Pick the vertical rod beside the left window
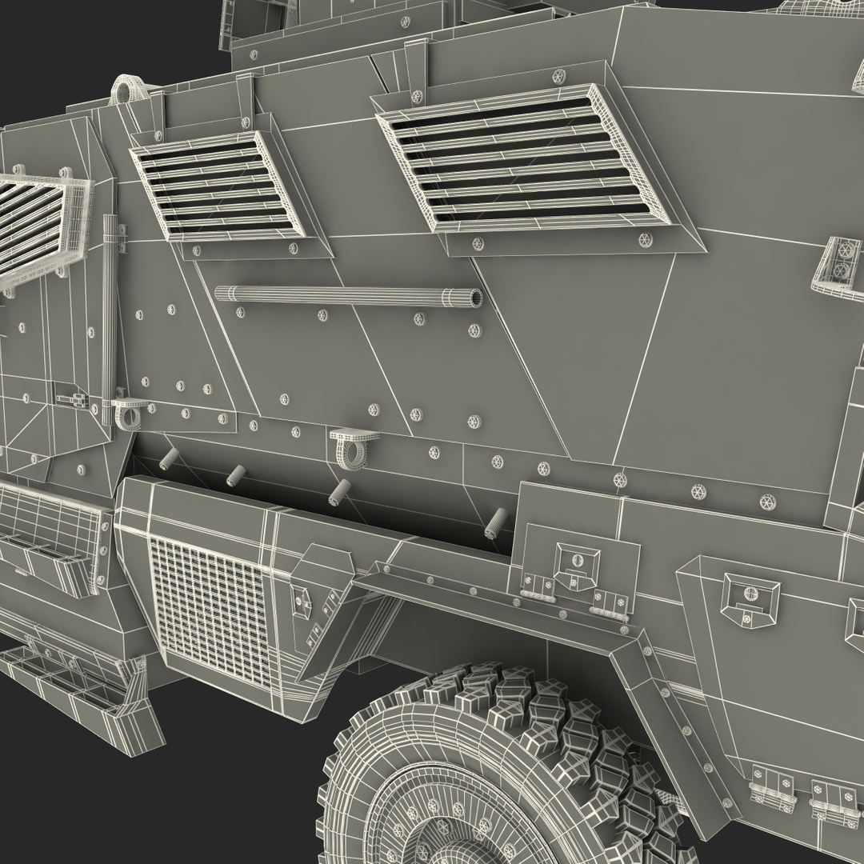click(109, 320)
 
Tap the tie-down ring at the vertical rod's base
click(127, 413)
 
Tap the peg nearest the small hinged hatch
click(496, 522)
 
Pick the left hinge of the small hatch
click(538, 589)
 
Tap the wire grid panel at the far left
click(48, 528)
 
